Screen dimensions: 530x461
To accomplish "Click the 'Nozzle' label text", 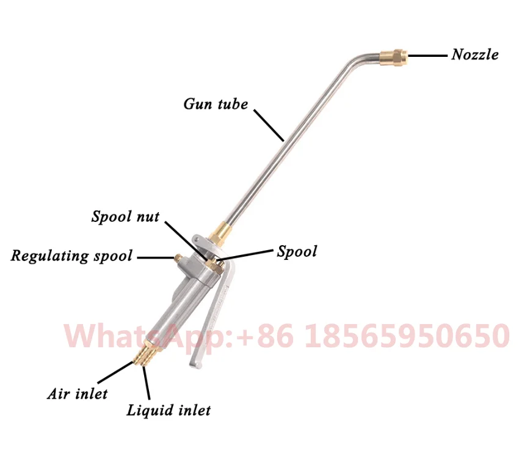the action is (474, 54).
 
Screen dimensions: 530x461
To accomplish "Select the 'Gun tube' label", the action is (216, 104).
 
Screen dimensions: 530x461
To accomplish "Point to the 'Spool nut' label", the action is (125, 216).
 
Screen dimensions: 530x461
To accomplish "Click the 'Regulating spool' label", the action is (71, 256).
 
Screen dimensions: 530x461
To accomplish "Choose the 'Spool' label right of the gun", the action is (297, 251).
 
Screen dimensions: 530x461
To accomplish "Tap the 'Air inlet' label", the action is (77, 393).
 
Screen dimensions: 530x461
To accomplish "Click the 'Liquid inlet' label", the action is (168, 410).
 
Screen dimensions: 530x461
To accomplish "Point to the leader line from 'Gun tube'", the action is (269, 125).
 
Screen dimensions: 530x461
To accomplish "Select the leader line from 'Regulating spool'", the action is (154, 257).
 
